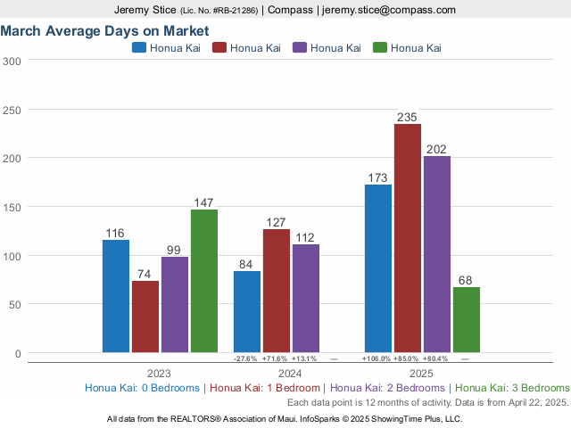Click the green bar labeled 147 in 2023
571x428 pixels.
pyautogui.click(x=203, y=281)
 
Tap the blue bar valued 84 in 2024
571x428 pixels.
pyautogui.click(x=247, y=311)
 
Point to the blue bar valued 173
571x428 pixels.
pyautogui.click(x=378, y=268)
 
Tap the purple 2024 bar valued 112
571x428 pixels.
pyautogui.click(x=306, y=298)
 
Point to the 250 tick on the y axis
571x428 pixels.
pyautogui.click(x=12, y=110)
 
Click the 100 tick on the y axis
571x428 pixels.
pyautogui.click(x=12, y=256)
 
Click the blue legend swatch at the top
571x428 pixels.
pyautogui.click(x=139, y=47)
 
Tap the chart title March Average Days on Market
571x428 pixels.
pyautogui.click(x=104, y=30)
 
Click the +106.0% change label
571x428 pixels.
pyautogui.click(x=377, y=358)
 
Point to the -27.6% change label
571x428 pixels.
pyautogui.click(x=245, y=358)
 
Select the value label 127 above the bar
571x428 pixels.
pyautogui.click(x=277, y=222)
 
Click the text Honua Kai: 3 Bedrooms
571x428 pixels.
pyautogui.click(x=512, y=388)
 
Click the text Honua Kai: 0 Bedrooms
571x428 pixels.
pyautogui.click(x=143, y=388)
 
